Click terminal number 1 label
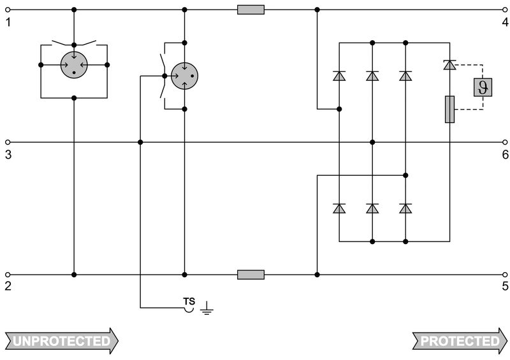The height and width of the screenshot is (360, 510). [8, 23]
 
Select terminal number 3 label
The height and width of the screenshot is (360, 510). [8, 154]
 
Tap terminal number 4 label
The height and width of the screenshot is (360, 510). [504, 23]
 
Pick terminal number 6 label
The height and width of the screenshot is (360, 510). [504, 154]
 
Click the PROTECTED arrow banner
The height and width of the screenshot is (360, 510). [459, 341]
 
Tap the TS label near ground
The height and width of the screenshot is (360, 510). [189, 301]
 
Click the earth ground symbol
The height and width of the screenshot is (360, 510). [207, 310]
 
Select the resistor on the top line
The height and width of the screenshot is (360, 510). [251, 10]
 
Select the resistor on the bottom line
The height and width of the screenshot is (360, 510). [251, 275]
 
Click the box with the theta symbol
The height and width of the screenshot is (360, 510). [482, 87]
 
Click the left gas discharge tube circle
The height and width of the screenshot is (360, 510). [74, 65]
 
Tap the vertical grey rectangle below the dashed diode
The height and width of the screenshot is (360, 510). [449, 109]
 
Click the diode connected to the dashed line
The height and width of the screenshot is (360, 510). [449, 64]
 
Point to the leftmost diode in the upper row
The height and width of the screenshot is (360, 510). [339, 76]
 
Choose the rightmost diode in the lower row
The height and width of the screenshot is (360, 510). [405, 208]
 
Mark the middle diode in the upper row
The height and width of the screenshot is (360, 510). [372, 76]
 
